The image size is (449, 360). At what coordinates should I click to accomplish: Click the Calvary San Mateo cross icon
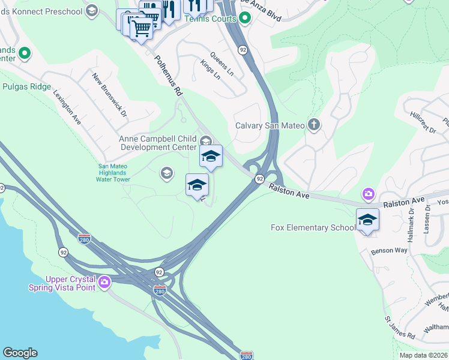point(313,125)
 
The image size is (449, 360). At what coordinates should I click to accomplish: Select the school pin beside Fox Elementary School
point(367,220)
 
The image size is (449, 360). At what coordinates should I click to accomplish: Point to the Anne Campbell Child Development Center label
point(158,143)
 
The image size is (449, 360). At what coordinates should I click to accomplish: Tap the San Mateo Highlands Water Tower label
point(114,173)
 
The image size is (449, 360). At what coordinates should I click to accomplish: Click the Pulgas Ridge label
point(26,87)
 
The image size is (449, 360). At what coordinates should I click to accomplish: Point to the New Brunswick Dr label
point(110,95)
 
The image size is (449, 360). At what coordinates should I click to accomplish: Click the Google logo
point(20,353)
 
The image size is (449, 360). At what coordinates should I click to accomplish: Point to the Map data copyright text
point(423,355)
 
